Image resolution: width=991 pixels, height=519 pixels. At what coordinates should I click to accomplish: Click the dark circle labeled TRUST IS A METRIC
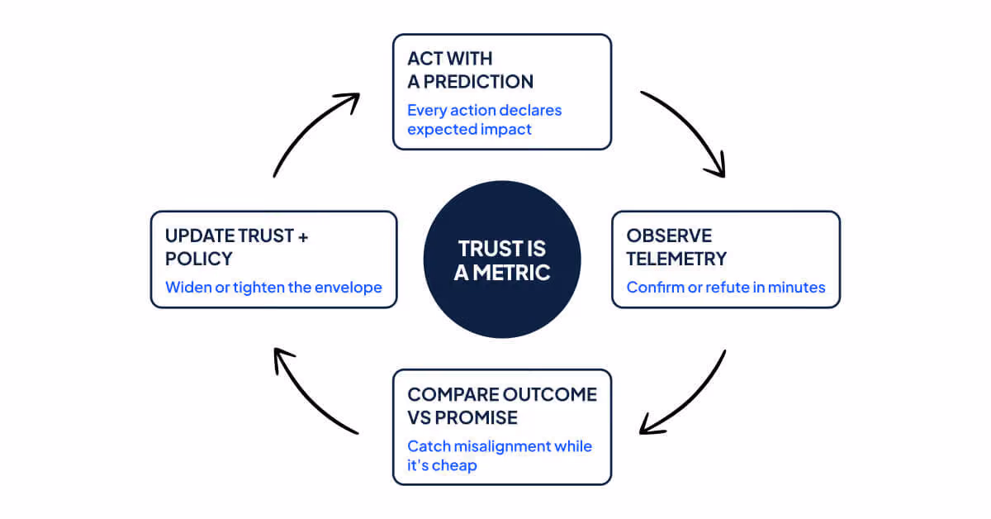coord(502,259)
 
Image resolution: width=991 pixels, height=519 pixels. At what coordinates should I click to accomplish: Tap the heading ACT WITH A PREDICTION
coord(470,70)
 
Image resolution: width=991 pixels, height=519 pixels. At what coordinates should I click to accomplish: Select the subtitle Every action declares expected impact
coord(485,120)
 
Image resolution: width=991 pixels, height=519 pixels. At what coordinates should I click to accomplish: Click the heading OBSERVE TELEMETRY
coord(676,247)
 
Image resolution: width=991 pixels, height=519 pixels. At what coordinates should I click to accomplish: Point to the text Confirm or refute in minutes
coord(726,288)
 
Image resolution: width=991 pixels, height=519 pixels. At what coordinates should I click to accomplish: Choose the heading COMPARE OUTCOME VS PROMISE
coord(502,406)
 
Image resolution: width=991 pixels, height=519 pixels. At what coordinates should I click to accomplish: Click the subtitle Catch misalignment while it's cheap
coord(500,455)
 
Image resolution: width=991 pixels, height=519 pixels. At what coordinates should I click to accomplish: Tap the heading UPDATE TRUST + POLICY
coord(236,247)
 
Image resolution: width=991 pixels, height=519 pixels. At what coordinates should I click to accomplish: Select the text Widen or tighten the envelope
coord(273,288)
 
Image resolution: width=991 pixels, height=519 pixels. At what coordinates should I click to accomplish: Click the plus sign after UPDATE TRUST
coord(303,237)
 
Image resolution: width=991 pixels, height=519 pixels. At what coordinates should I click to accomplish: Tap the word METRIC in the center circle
coord(511,273)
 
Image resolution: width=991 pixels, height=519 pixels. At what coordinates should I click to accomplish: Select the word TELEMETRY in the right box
coord(676,259)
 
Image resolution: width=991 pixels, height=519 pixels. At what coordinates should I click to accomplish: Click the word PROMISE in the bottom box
coord(476,417)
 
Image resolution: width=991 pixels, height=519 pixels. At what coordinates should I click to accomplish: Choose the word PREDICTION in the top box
coord(478,82)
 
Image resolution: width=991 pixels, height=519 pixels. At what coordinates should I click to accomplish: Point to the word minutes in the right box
coord(797,288)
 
